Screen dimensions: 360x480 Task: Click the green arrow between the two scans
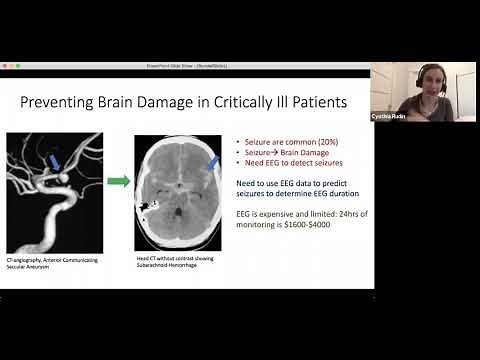[x=119, y=181]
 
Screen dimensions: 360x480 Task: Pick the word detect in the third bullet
[x=304, y=163]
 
